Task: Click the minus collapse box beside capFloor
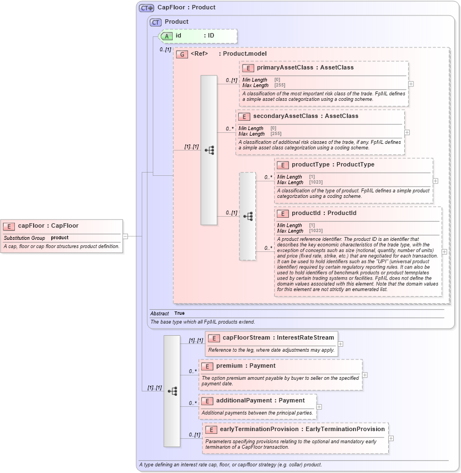tap(125, 236)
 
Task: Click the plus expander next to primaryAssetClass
tap(411, 84)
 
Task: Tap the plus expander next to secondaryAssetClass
tap(407, 132)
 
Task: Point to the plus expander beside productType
tap(436, 181)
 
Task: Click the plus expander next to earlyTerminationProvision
tap(391, 438)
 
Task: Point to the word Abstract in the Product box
tap(160, 313)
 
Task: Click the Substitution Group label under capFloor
tap(24, 238)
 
